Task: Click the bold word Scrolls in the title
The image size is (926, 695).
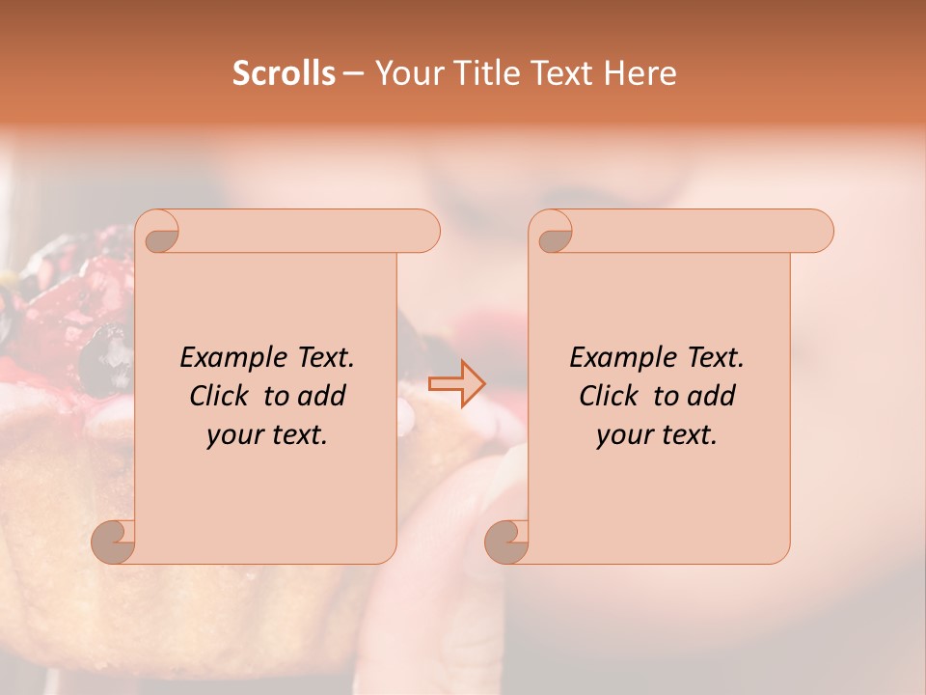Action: tap(284, 73)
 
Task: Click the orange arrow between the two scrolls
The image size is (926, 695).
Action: tap(458, 383)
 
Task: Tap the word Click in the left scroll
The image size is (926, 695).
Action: tap(223, 396)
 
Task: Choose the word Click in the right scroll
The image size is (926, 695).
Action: tap(613, 396)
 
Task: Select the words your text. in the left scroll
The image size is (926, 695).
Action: tap(267, 435)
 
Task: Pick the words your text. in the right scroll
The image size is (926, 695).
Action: tap(657, 435)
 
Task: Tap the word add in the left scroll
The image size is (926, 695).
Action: tap(322, 396)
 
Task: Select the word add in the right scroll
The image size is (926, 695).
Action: tap(712, 396)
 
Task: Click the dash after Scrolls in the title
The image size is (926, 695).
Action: tap(354, 73)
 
